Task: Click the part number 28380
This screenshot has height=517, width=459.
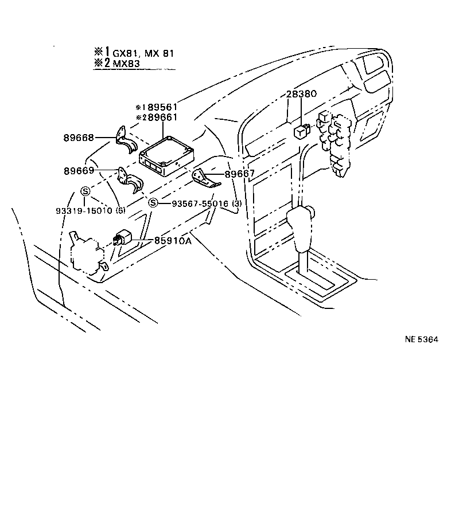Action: click(x=301, y=94)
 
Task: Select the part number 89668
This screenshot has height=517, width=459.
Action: click(x=79, y=138)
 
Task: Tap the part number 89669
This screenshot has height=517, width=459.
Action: click(x=79, y=171)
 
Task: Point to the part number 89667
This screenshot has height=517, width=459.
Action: click(x=239, y=174)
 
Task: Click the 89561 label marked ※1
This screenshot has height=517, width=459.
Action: click(x=161, y=107)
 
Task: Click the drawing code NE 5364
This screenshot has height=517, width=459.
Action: click(x=421, y=339)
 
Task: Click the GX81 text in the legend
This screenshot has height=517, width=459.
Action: click(x=125, y=53)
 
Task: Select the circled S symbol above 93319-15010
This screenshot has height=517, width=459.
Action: click(x=85, y=191)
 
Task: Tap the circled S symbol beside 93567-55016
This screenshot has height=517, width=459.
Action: click(x=153, y=203)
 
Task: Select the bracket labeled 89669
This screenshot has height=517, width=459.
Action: click(x=131, y=181)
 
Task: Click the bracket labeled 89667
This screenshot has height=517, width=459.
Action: click(x=207, y=179)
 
